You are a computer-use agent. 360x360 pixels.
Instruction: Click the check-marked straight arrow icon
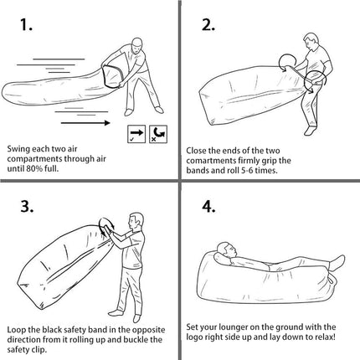136,133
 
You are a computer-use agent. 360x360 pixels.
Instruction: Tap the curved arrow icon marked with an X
157,133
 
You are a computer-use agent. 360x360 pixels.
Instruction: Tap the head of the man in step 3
134,219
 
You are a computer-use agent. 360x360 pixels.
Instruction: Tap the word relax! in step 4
323,337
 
